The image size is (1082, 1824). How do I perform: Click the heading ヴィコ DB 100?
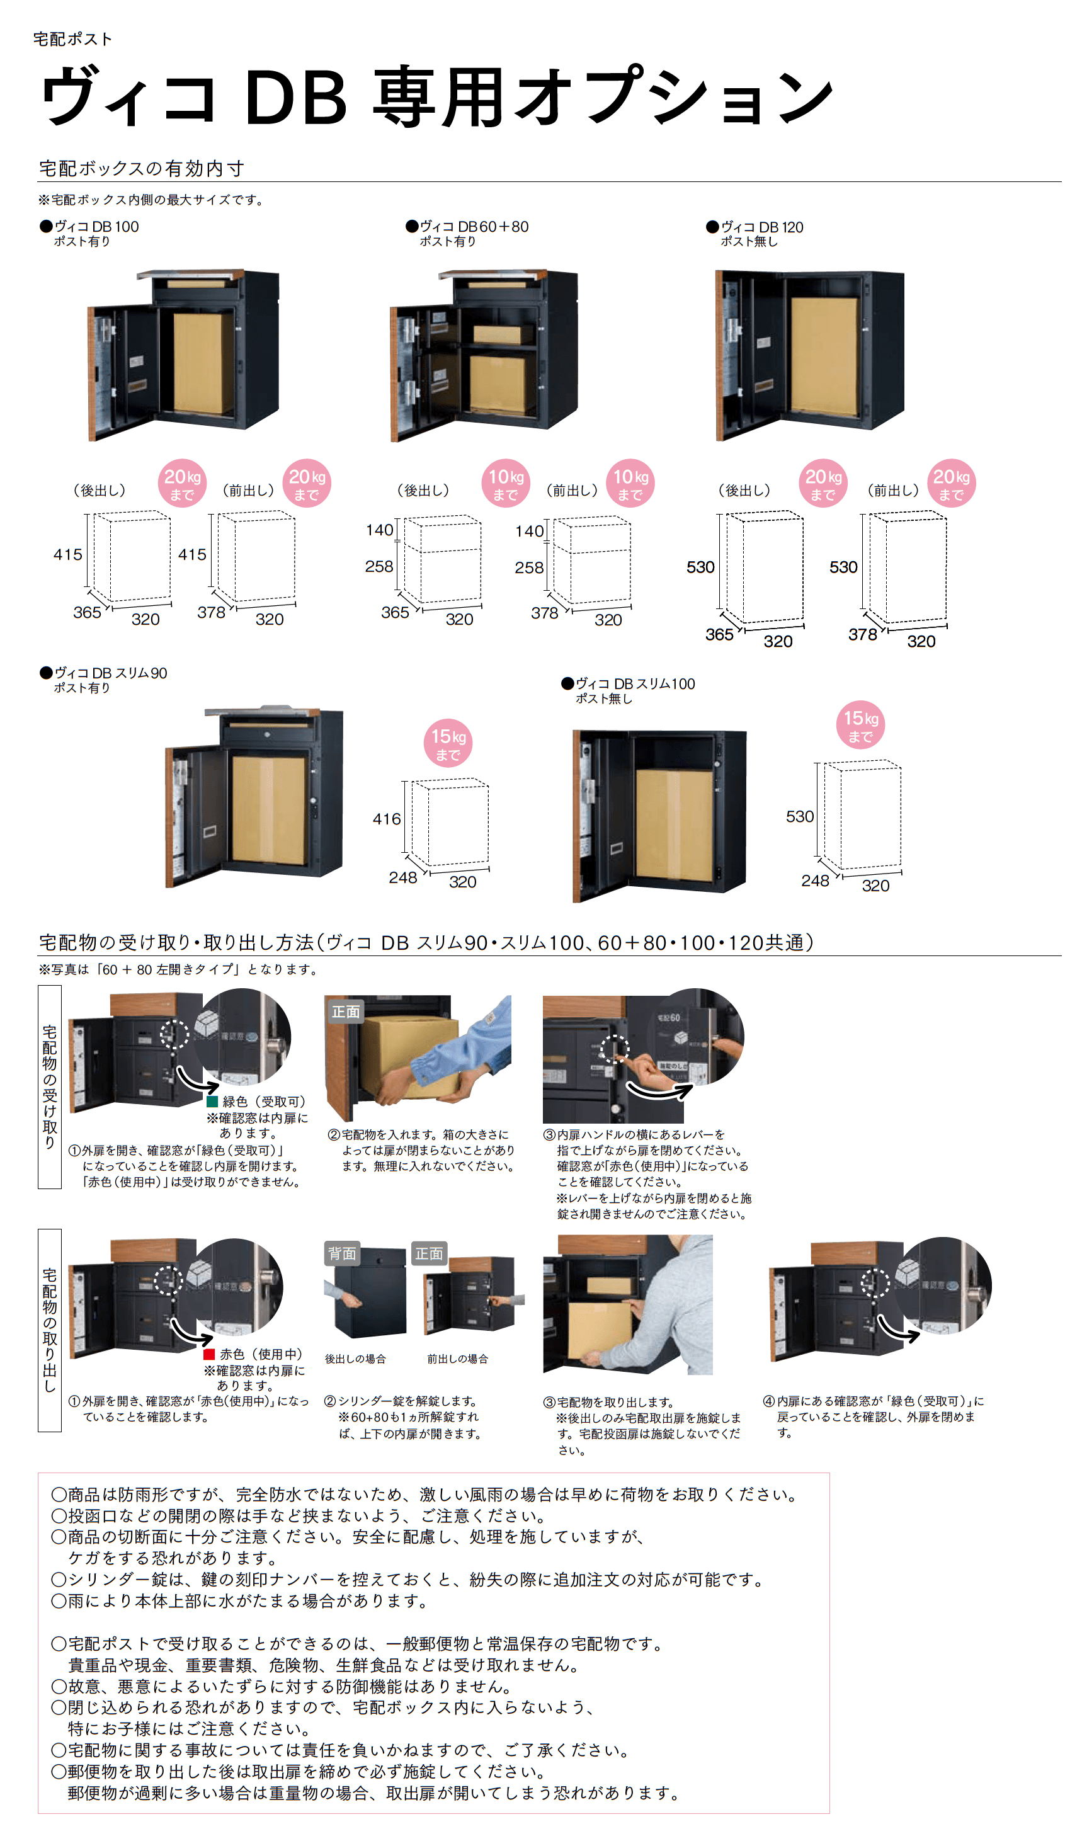96,227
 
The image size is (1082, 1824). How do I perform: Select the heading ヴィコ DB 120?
761,227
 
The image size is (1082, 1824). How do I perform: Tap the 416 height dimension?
387,819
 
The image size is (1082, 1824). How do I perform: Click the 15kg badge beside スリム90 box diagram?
448,744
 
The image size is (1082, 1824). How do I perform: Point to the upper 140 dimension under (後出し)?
379,530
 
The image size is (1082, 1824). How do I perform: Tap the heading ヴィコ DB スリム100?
634,684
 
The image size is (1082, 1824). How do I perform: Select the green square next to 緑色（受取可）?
212,1102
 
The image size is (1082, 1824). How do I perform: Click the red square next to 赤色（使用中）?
208,1354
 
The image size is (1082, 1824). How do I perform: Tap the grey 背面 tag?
342,1253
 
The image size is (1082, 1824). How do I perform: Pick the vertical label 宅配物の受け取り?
50,1086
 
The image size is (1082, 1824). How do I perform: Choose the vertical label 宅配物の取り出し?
50,1330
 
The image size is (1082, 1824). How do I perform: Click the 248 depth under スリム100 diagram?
814,881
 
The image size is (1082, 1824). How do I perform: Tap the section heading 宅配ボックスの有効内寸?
142,168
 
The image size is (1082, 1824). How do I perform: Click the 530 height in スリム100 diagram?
799,816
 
